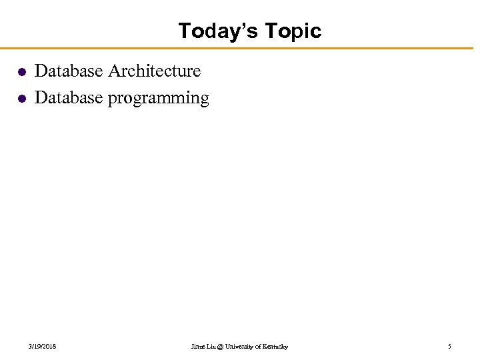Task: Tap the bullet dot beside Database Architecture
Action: pyautogui.click(x=21, y=72)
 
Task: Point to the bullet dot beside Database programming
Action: pyautogui.click(x=21, y=99)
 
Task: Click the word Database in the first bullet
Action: pyautogui.click(x=68, y=71)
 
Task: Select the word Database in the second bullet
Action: pyautogui.click(x=68, y=97)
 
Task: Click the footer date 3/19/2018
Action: pyautogui.click(x=42, y=347)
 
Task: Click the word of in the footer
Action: pyautogui.click(x=261, y=347)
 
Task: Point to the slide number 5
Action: pyautogui.click(x=449, y=347)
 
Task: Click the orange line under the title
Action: pyautogui.click(x=240, y=48)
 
